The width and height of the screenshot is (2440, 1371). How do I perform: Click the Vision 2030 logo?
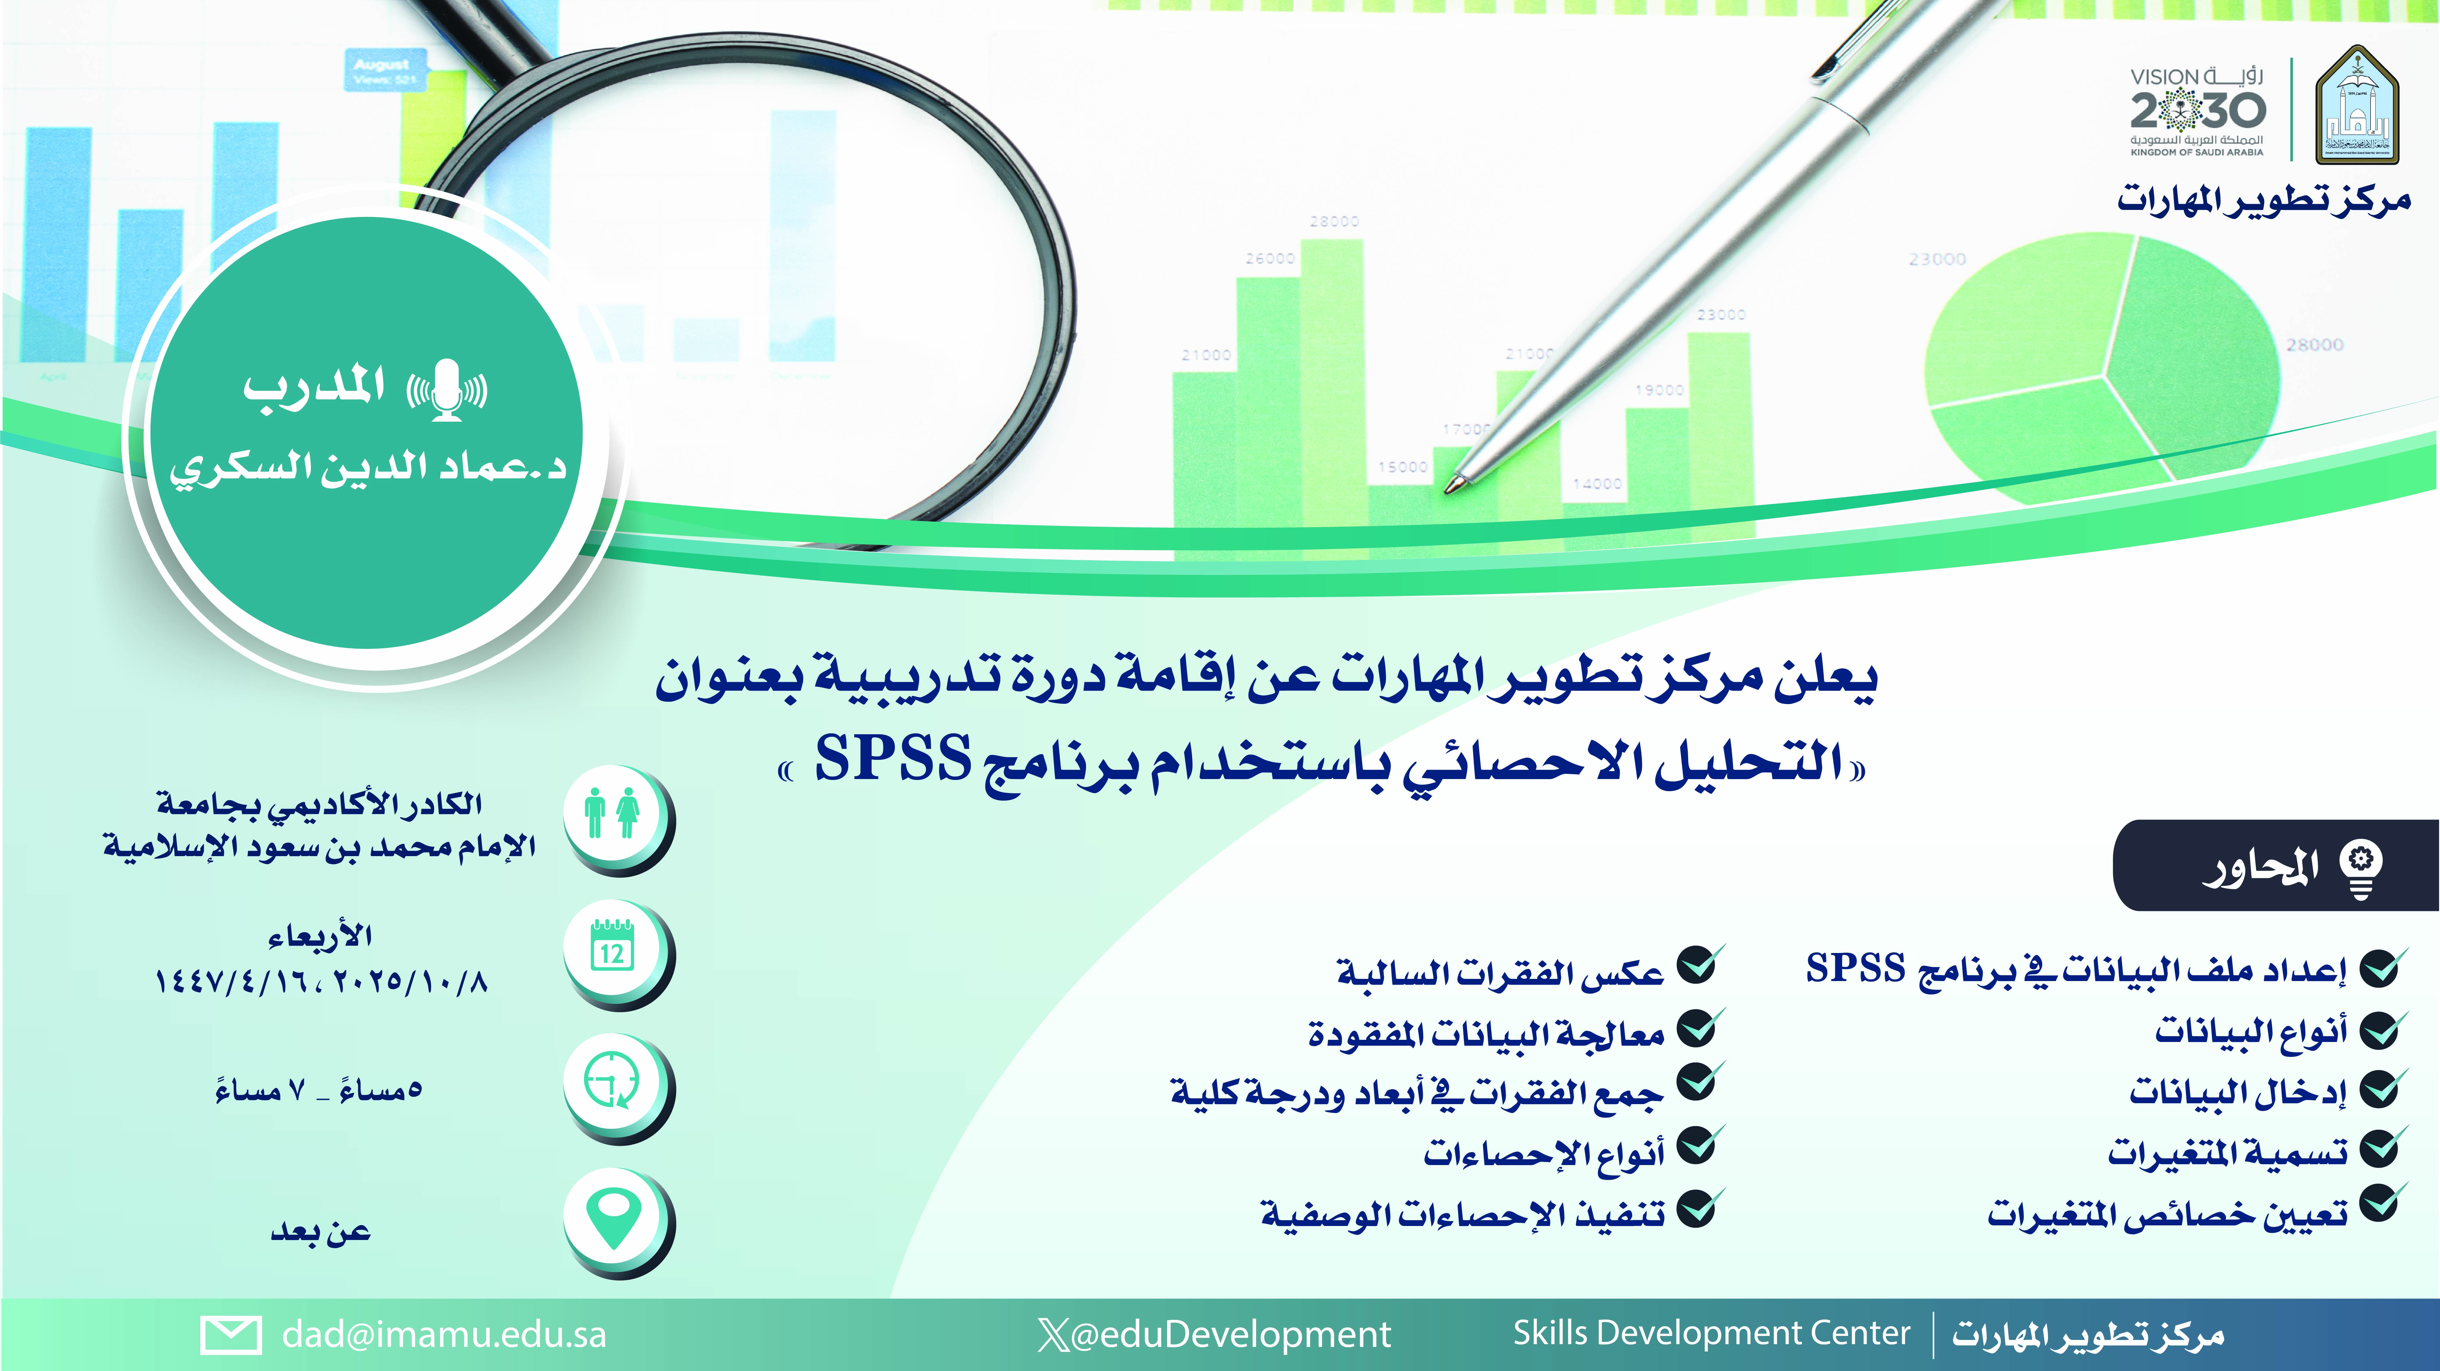coord(2196,111)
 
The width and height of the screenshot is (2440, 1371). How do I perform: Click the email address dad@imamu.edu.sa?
coord(443,1334)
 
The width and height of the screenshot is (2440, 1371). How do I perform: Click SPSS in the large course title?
coord(893,758)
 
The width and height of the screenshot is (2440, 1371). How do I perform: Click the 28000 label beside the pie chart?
coord(2314,345)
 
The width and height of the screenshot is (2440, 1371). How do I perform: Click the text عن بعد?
coord(320,1231)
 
